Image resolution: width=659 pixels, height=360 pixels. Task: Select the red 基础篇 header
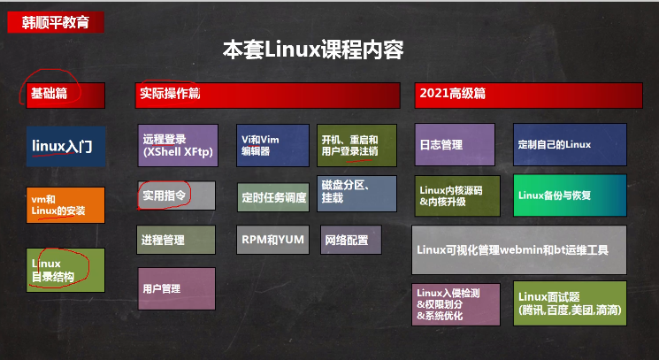coord(65,95)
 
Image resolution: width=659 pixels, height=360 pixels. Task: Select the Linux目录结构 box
coord(66,270)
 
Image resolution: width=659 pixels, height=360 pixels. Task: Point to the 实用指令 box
coord(176,195)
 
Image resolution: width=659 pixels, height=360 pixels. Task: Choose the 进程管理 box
coord(176,240)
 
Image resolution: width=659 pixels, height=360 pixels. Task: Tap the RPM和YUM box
coord(272,240)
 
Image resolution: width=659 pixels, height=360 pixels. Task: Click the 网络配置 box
coord(351,240)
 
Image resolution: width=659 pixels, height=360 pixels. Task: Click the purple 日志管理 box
coord(455,145)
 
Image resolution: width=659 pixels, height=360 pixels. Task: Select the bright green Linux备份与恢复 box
coord(571,195)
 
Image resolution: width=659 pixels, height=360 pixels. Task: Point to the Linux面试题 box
coord(571,303)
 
